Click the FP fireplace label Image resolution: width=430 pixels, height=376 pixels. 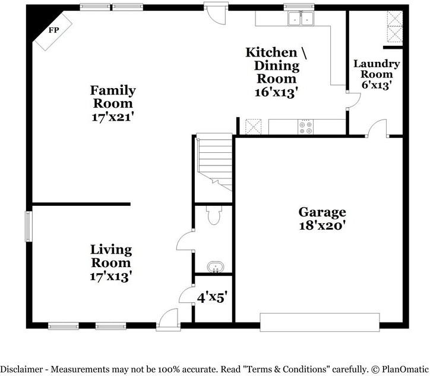point(53,30)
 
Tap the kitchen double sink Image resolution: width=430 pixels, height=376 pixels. point(301,18)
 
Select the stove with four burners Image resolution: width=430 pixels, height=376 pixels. point(305,127)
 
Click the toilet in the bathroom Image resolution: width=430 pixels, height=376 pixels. point(214,215)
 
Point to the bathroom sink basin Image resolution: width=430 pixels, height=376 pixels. point(215,267)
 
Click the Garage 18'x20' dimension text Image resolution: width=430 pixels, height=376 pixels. point(322,225)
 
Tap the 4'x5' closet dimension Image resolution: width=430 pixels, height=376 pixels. point(213,297)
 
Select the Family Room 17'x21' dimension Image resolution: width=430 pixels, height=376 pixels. point(112,117)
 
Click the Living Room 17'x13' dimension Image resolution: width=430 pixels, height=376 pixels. point(111,276)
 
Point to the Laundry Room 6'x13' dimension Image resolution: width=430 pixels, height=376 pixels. point(377,85)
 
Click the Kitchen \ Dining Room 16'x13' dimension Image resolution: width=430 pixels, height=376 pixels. point(276,92)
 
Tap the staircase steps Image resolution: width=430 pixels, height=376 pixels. point(214,162)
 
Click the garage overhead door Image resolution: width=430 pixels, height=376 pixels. point(320,322)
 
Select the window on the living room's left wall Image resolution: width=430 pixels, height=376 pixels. point(29,226)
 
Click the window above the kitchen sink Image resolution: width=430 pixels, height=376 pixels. point(299,7)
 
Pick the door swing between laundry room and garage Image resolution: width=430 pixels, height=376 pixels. point(377,128)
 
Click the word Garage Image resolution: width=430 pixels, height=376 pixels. point(322,212)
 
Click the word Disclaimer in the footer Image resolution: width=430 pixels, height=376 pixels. point(21,369)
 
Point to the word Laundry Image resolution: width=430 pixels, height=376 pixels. point(377,64)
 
